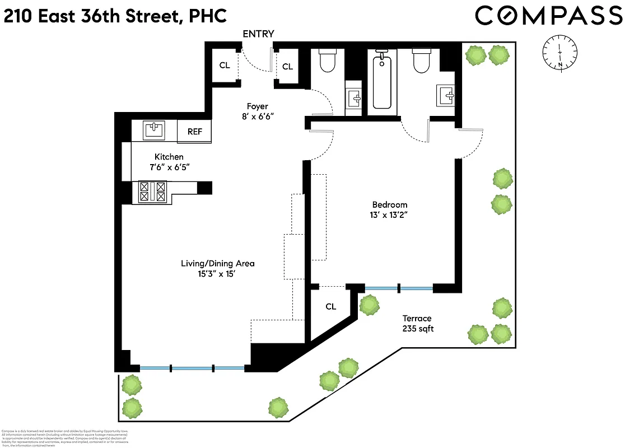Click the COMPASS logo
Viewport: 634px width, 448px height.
(x=548, y=16)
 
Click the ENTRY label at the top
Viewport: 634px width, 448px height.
(x=258, y=34)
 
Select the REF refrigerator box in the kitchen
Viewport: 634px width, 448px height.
(x=194, y=132)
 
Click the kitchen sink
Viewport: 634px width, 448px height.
(x=154, y=130)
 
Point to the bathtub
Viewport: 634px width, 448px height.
(x=382, y=79)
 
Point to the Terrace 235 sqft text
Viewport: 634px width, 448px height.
(x=417, y=324)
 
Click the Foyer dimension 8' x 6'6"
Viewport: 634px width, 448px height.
(x=258, y=116)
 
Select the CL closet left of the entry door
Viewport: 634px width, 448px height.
(x=224, y=66)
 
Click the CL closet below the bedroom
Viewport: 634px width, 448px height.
(x=330, y=306)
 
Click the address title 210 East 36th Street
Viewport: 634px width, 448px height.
(x=115, y=16)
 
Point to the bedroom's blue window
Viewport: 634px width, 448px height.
(x=399, y=288)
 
